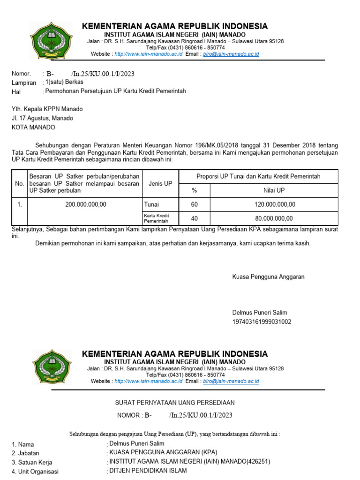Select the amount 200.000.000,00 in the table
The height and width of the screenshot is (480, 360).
click(86, 204)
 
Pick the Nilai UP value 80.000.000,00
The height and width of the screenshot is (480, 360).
click(274, 218)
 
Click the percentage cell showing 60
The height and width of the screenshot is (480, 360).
click(195, 204)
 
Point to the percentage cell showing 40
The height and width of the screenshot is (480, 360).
click(195, 218)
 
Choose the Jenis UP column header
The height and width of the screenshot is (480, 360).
click(160, 184)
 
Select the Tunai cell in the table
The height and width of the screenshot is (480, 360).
click(151, 204)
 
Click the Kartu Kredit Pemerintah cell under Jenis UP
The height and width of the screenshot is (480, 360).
click(157, 218)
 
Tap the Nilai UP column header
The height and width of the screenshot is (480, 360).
click(274, 191)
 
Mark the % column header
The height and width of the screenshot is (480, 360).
click(195, 191)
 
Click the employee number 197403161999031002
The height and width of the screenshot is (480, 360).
click(262, 322)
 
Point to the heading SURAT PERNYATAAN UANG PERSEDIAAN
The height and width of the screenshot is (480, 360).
click(175, 403)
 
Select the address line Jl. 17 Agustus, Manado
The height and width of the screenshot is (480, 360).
click(42, 118)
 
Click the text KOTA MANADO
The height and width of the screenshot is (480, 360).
click(33, 127)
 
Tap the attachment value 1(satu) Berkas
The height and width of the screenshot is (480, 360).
click(64, 82)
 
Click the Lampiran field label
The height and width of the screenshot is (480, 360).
click(24, 83)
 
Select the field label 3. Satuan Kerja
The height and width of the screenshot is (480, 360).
click(32, 463)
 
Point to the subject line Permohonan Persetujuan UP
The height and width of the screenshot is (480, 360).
click(115, 91)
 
